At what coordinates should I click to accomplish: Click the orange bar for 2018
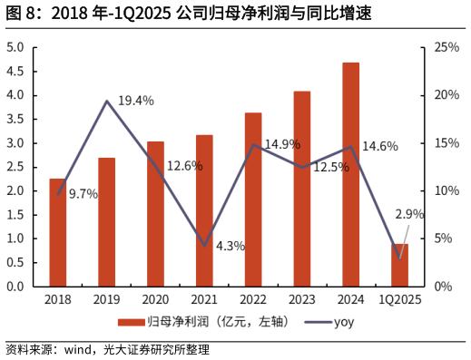[x=57, y=232]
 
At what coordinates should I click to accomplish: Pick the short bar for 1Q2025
[x=399, y=265]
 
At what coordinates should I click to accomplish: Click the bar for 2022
[x=253, y=199]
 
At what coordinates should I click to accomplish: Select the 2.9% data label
[x=409, y=214]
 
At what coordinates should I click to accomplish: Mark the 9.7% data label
[x=84, y=194]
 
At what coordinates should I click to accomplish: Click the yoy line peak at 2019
[x=107, y=101]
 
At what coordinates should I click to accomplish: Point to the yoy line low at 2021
[x=204, y=246]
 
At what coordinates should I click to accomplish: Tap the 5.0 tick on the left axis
[x=15, y=47]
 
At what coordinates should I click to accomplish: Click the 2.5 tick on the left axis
[x=15, y=167]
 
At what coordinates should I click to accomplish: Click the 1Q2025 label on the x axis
[x=399, y=300]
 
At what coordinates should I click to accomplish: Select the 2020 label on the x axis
[x=155, y=300]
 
